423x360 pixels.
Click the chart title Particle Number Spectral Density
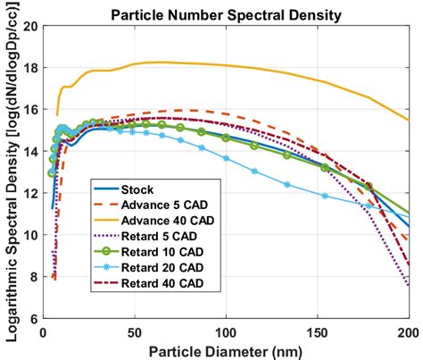[x=226, y=13]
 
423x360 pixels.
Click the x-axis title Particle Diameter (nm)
[x=226, y=349]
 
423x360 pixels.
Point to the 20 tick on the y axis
[x=29, y=26]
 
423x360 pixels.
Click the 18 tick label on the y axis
[x=29, y=68]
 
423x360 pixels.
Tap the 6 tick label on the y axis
[x=33, y=319]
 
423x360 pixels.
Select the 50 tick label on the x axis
[x=134, y=331]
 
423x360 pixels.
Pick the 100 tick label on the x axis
[x=226, y=331]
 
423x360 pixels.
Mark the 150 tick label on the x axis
[x=317, y=331]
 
